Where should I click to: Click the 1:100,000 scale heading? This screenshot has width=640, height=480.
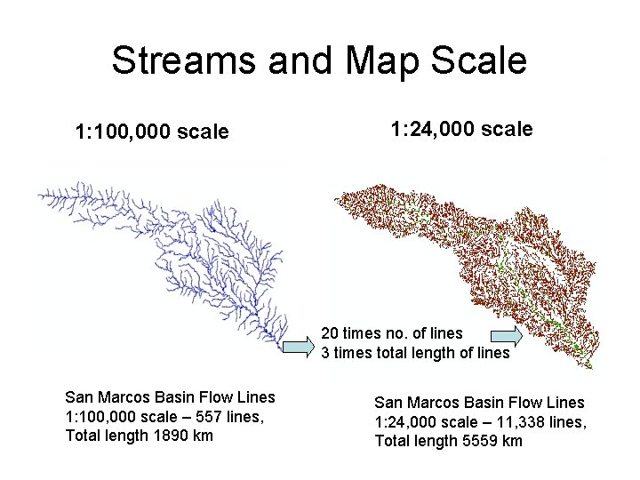[x=152, y=132]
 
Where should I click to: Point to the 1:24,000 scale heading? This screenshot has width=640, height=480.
[x=461, y=129]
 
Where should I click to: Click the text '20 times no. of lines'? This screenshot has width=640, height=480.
[x=391, y=334]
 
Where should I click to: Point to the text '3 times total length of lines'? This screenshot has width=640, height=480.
[x=415, y=353]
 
